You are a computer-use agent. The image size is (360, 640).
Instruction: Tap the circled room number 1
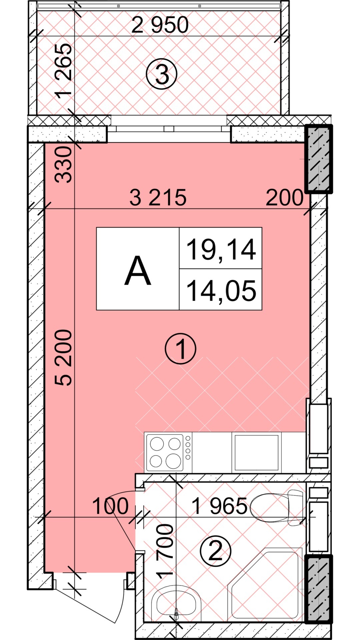[x=181, y=349]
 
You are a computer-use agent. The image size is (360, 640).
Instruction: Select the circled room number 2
[x=215, y=551]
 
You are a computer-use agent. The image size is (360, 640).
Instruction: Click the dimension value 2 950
[x=160, y=25]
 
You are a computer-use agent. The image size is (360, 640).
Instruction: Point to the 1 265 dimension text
[x=64, y=71]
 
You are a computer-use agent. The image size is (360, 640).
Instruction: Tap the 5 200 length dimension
[x=63, y=358]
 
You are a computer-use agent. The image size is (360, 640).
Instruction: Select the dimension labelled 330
[x=63, y=165]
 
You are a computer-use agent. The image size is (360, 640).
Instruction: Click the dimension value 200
[x=285, y=198]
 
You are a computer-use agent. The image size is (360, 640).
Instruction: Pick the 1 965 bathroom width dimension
[x=220, y=506]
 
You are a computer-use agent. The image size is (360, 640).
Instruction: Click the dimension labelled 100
[x=110, y=506]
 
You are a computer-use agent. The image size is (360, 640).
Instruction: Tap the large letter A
[x=138, y=271]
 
